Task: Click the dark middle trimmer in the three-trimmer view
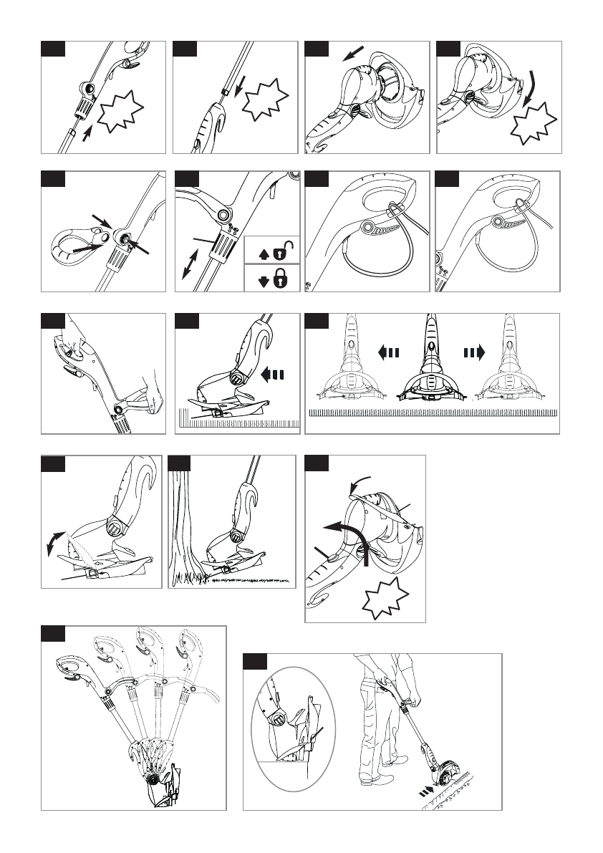pos(429,372)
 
